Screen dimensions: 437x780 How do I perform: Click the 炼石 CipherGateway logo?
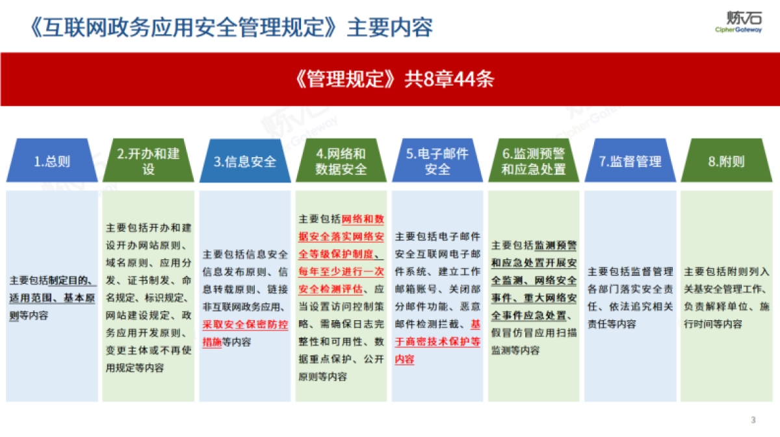click(738, 22)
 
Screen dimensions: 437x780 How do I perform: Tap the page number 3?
click(753, 420)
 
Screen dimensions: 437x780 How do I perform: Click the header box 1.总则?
click(52, 161)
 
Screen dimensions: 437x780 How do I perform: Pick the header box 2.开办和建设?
click(148, 161)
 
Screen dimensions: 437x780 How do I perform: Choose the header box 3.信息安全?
click(245, 161)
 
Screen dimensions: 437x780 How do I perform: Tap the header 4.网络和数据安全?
click(341, 161)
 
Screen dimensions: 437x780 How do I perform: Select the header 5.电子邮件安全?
click(437, 161)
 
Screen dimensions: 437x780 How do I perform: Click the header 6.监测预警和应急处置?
click(534, 161)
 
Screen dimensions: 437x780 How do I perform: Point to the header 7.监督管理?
click(630, 161)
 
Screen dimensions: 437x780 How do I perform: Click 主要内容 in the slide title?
click(390, 27)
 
